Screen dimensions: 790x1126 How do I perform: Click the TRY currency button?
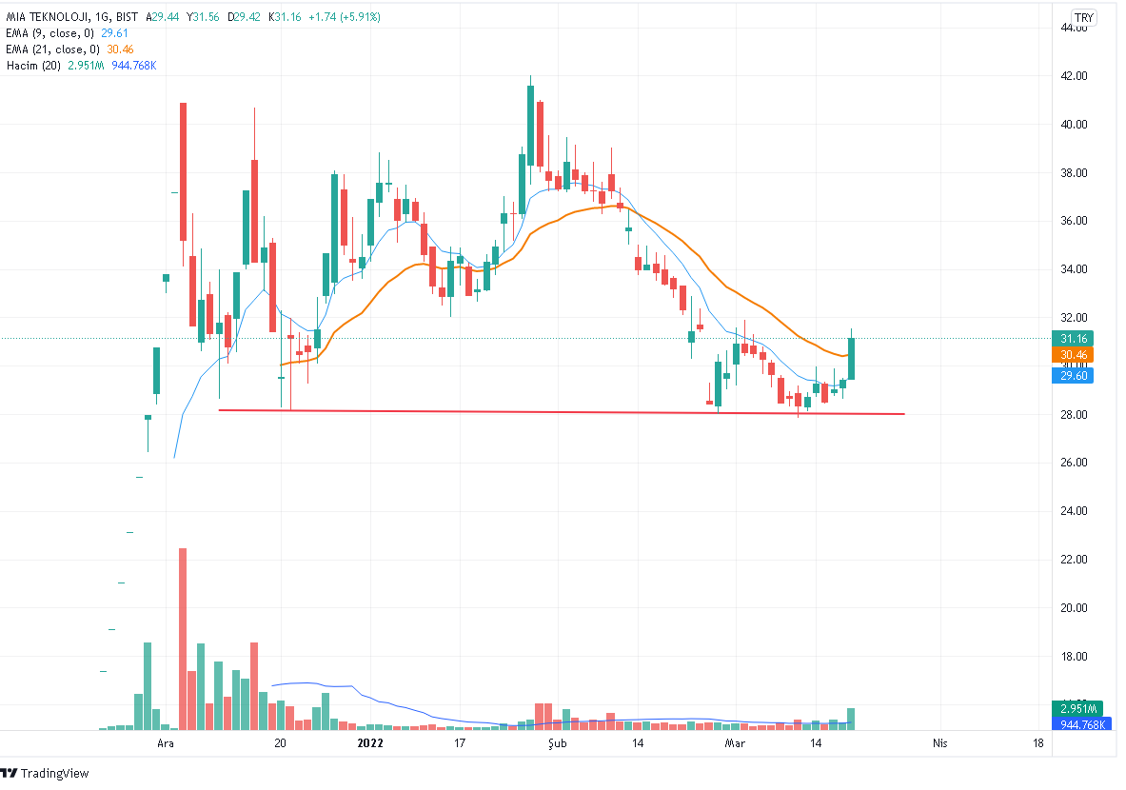[x=1083, y=17]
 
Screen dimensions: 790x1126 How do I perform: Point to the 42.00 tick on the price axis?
[x=1075, y=76]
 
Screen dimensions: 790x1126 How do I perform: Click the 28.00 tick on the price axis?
[x=1075, y=415]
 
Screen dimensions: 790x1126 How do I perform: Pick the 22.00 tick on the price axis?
[x=1075, y=560]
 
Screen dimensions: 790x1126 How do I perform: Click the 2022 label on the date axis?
[x=369, y=743]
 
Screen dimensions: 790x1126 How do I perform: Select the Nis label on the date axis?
[x=940, y=743]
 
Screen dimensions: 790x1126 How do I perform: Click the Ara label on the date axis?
[x=166, y=743]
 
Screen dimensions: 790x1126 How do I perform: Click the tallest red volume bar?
[x=183, y=638]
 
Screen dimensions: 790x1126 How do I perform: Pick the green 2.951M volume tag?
[x=1076, y=709]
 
